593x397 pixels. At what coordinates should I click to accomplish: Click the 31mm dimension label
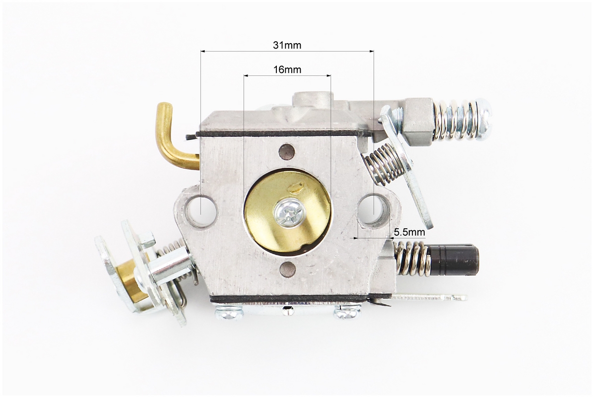click(287, 45)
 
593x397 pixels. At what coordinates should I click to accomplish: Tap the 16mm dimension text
click(287, 69)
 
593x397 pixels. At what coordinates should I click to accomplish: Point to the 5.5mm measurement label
click(409, 232)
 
